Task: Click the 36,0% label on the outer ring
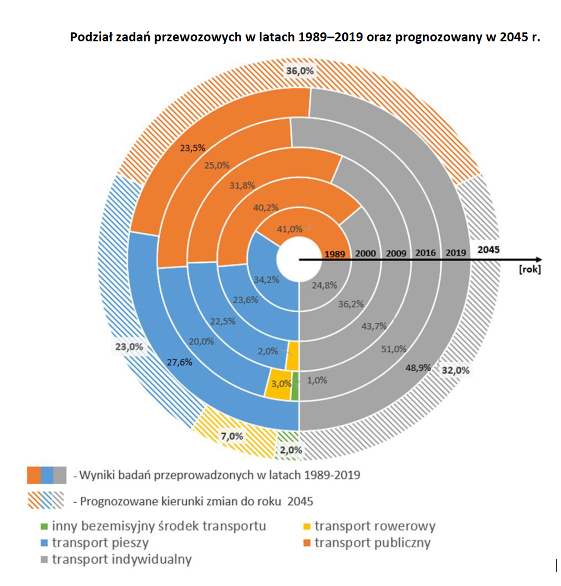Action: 300,71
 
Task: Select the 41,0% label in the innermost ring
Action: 289,229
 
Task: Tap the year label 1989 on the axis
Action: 335,254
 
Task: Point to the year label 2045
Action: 488,249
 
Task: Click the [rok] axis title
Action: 530,269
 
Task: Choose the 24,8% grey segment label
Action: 324,285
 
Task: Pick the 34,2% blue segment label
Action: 266,279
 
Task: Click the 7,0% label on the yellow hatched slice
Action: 232,436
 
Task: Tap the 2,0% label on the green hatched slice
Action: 291,450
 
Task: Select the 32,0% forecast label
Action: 455,370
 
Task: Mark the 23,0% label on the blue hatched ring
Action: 129,347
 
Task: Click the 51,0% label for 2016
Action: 393,349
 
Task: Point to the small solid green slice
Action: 295,386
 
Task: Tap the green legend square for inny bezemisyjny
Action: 44,526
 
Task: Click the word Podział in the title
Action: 90,37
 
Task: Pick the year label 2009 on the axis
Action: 396,253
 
